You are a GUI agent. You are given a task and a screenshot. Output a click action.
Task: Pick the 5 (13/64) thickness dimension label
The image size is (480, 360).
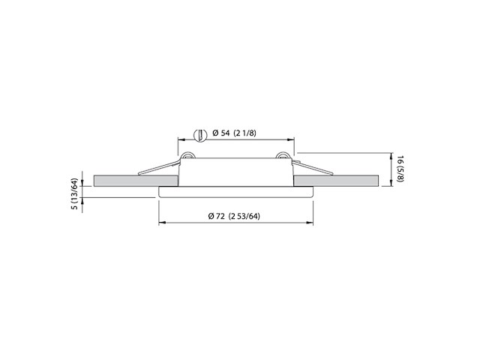(73, 193)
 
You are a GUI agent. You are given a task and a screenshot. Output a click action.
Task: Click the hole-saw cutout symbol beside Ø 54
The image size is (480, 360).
(199, 134)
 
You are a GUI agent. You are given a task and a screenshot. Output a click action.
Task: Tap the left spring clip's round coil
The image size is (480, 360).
(190, 157)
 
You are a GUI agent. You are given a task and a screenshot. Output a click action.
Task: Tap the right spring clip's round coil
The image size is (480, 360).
(282, 157)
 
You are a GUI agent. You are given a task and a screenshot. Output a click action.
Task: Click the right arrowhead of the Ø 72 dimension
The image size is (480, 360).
(311, 223)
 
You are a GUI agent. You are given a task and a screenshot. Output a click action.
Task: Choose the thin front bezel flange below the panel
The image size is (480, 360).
(236, 191)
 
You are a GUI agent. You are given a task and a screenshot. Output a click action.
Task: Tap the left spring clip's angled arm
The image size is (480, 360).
(161, 168)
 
